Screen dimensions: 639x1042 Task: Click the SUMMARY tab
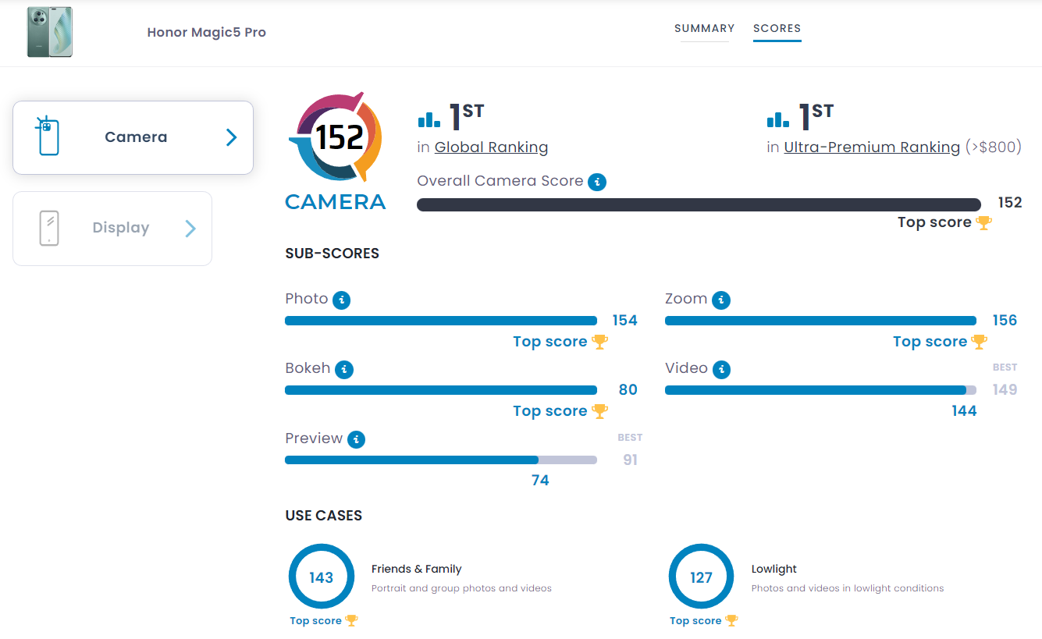[x=704, y=29]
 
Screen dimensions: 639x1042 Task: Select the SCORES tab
[x=777, y=29]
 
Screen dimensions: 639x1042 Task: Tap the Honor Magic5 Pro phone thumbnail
[x=49, y=33]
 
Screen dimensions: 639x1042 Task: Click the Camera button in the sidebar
[x=133, y=137]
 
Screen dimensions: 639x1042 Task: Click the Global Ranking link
[x=491, y=147]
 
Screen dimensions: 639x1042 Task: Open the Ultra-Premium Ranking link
[x=871, y=147]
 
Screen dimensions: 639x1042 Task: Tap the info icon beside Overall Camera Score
[x=597, y=182]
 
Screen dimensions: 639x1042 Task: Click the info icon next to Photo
[x=341, y=300]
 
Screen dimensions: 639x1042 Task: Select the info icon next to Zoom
[x=721, y=300]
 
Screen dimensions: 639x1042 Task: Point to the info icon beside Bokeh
[x=344, y=369]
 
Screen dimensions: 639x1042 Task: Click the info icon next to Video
[x=722, y=369]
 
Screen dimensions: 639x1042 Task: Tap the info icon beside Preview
[x=356, y=439]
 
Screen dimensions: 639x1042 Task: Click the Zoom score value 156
[x=1004, y=321]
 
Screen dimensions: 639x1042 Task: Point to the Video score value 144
[x=964, y=411]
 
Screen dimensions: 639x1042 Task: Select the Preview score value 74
[x=540, y=481]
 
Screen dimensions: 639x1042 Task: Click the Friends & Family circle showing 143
[x=321, y=577]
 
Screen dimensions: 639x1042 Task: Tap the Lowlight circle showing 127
[x=701, y=577]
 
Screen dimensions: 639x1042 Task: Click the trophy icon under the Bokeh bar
[x=599, y=411]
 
